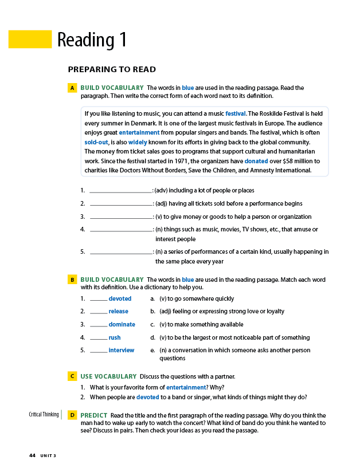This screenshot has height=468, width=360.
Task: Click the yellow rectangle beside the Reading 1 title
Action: [x=30, y=40]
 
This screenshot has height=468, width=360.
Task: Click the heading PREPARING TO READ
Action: [x=112, y=70]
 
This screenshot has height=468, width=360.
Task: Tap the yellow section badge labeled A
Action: [x=72, y=88]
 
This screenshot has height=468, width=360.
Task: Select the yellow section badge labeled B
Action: [x=72, y=280]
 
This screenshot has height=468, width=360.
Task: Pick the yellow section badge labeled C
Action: [x=72, y=376]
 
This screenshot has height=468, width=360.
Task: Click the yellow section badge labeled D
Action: [x=72, y=415]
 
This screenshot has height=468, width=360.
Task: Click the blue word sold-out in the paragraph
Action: [x=96, y=142]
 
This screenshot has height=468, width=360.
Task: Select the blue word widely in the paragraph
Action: [x=138, y=142]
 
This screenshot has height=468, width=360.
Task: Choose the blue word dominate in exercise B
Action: [x=122, y=324]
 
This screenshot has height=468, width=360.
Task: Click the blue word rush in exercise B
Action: [x=115, y=337]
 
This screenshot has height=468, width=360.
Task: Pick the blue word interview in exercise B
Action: [x=122, y=350]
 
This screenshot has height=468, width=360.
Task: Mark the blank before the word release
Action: [x=98, y=312]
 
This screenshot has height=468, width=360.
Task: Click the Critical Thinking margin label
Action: [x=44, y=414]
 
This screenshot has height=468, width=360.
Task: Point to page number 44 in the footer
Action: [x=32, y=455]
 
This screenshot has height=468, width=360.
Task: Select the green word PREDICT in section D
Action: [x=93, y=415]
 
